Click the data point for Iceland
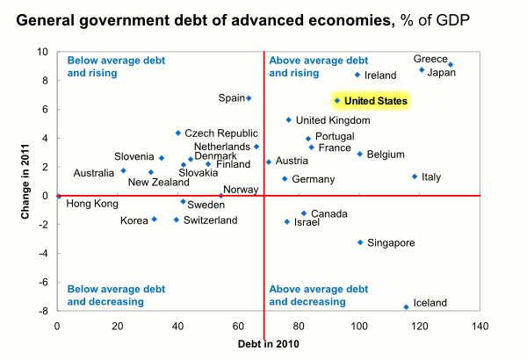[406, 306]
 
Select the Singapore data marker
[360, 242]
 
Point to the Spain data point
[249, 98]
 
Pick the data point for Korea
[154, 220]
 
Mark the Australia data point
[123, 170]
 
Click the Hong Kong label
[92, 204]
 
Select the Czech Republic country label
[219, 133]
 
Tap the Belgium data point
[359, 154]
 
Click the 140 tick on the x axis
[480, 327]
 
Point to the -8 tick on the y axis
[43, 311]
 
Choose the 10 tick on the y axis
[43, 52]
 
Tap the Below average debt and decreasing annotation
[106, 295]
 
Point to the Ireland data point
[357, 75]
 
